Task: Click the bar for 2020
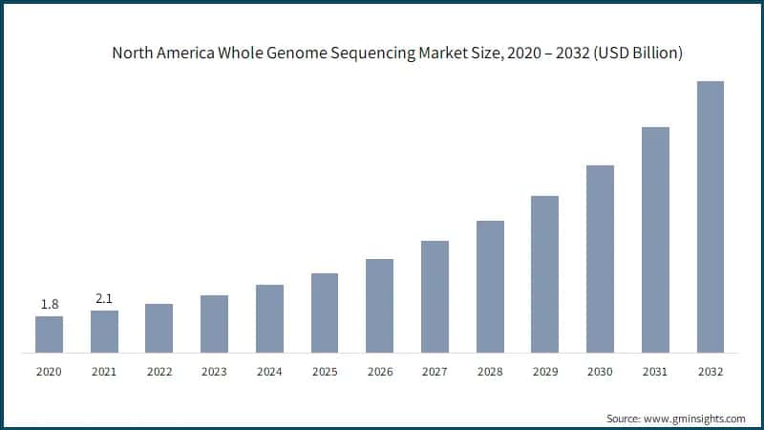click(x=49, y=334)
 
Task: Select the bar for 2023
click(x=214, y=324)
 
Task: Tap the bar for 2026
click(x=379, y=306)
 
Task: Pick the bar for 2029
click(x=544, y=274)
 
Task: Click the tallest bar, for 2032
click(x=710, y=217)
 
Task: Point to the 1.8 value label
click(x=49, y=304)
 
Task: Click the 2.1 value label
click(x=104, y=298)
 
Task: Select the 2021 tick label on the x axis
click(x=104, y=372)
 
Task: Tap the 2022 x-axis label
click(x=159, y=372)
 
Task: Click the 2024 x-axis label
click(x=269, y=372)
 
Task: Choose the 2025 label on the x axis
click(x=325, y=372)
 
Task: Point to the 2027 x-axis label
click(x=435, y=372)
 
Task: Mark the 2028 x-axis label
click(x=490, y=372)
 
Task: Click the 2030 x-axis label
click(x=600, y=372)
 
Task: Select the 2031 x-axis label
click(x=655, y=372)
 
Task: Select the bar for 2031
click(x=655, y=240)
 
